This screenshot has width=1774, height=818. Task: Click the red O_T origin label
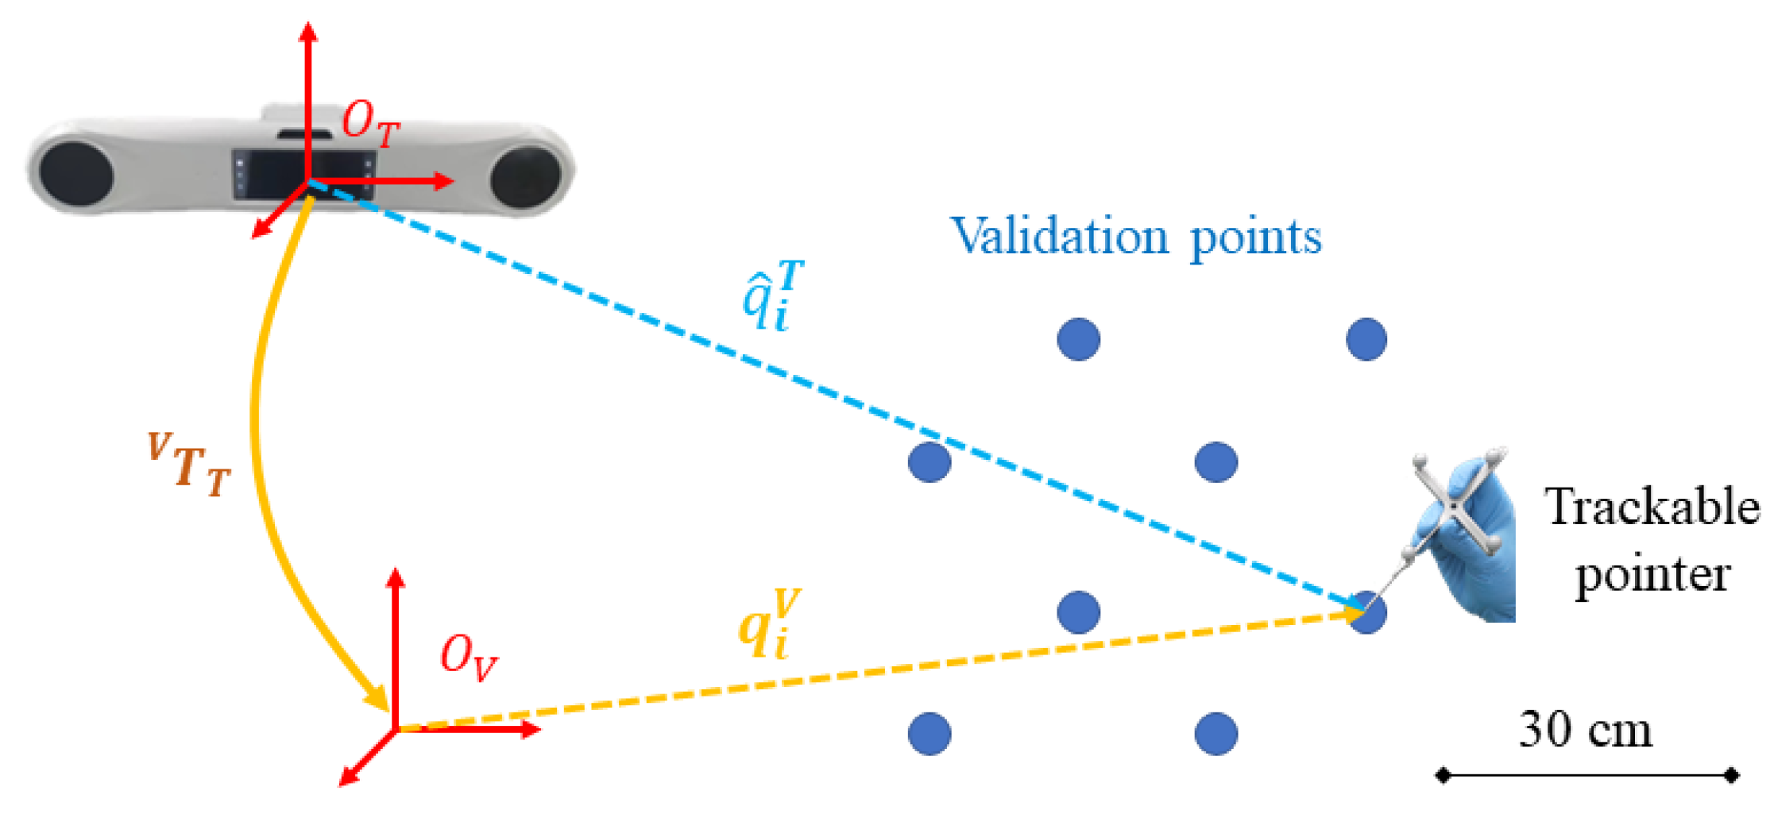point(370,125)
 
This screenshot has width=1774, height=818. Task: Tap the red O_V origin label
point(469,658)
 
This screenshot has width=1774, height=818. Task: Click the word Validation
point(1060,236)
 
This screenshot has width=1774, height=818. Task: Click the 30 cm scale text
point(1586,729)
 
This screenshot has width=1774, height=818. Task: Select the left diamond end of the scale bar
point(1443,775)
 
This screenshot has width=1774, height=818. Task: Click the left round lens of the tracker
point(76,173)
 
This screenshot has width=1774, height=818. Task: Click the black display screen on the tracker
point(304,173)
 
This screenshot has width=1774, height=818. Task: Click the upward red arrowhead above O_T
point(308,32)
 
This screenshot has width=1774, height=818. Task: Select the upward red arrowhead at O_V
point(395,577)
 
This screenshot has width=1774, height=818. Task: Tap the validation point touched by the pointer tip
point(1367,612)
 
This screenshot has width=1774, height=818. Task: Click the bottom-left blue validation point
point(930,733)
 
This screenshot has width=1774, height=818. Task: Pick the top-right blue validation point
point(1366,339)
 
